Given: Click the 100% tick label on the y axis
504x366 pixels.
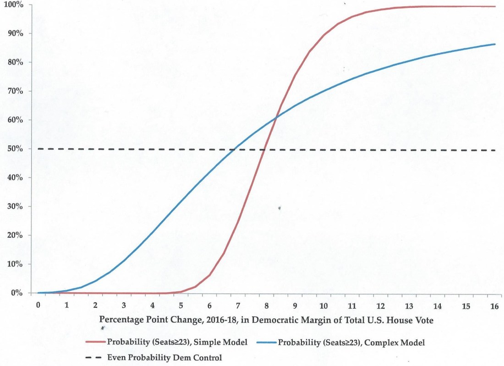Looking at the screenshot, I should pos(15,5).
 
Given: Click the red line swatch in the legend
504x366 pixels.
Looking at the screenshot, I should pos(94,342).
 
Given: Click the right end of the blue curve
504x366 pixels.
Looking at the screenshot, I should pos(495,44).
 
